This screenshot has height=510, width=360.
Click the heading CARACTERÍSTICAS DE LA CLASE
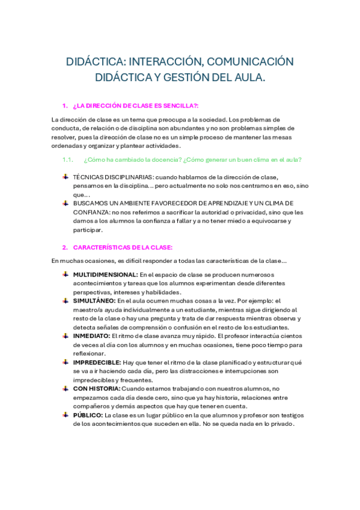[x=123, y=247]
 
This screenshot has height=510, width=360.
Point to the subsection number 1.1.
[x=67, y=159]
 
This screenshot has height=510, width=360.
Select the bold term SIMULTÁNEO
[x=94, y=300]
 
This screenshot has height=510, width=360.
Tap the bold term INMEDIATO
[x=91, y=336]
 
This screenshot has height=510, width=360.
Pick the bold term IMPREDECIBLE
[x=96, y=362]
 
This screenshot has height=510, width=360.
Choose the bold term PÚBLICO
[x=88, y=415]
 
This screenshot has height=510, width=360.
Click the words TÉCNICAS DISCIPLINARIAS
[x=112, y=177]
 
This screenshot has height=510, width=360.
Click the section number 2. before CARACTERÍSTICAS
[x=65, y=247]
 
